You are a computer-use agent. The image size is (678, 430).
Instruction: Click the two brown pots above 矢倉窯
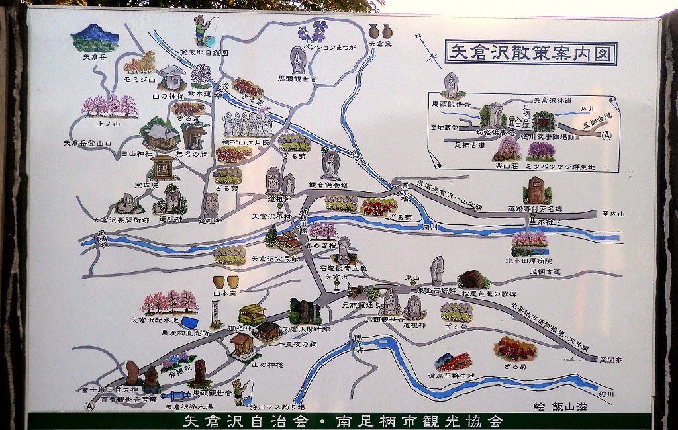380,30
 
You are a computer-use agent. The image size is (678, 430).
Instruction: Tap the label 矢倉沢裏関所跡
121,220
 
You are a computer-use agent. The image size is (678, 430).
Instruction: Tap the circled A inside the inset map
607,134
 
